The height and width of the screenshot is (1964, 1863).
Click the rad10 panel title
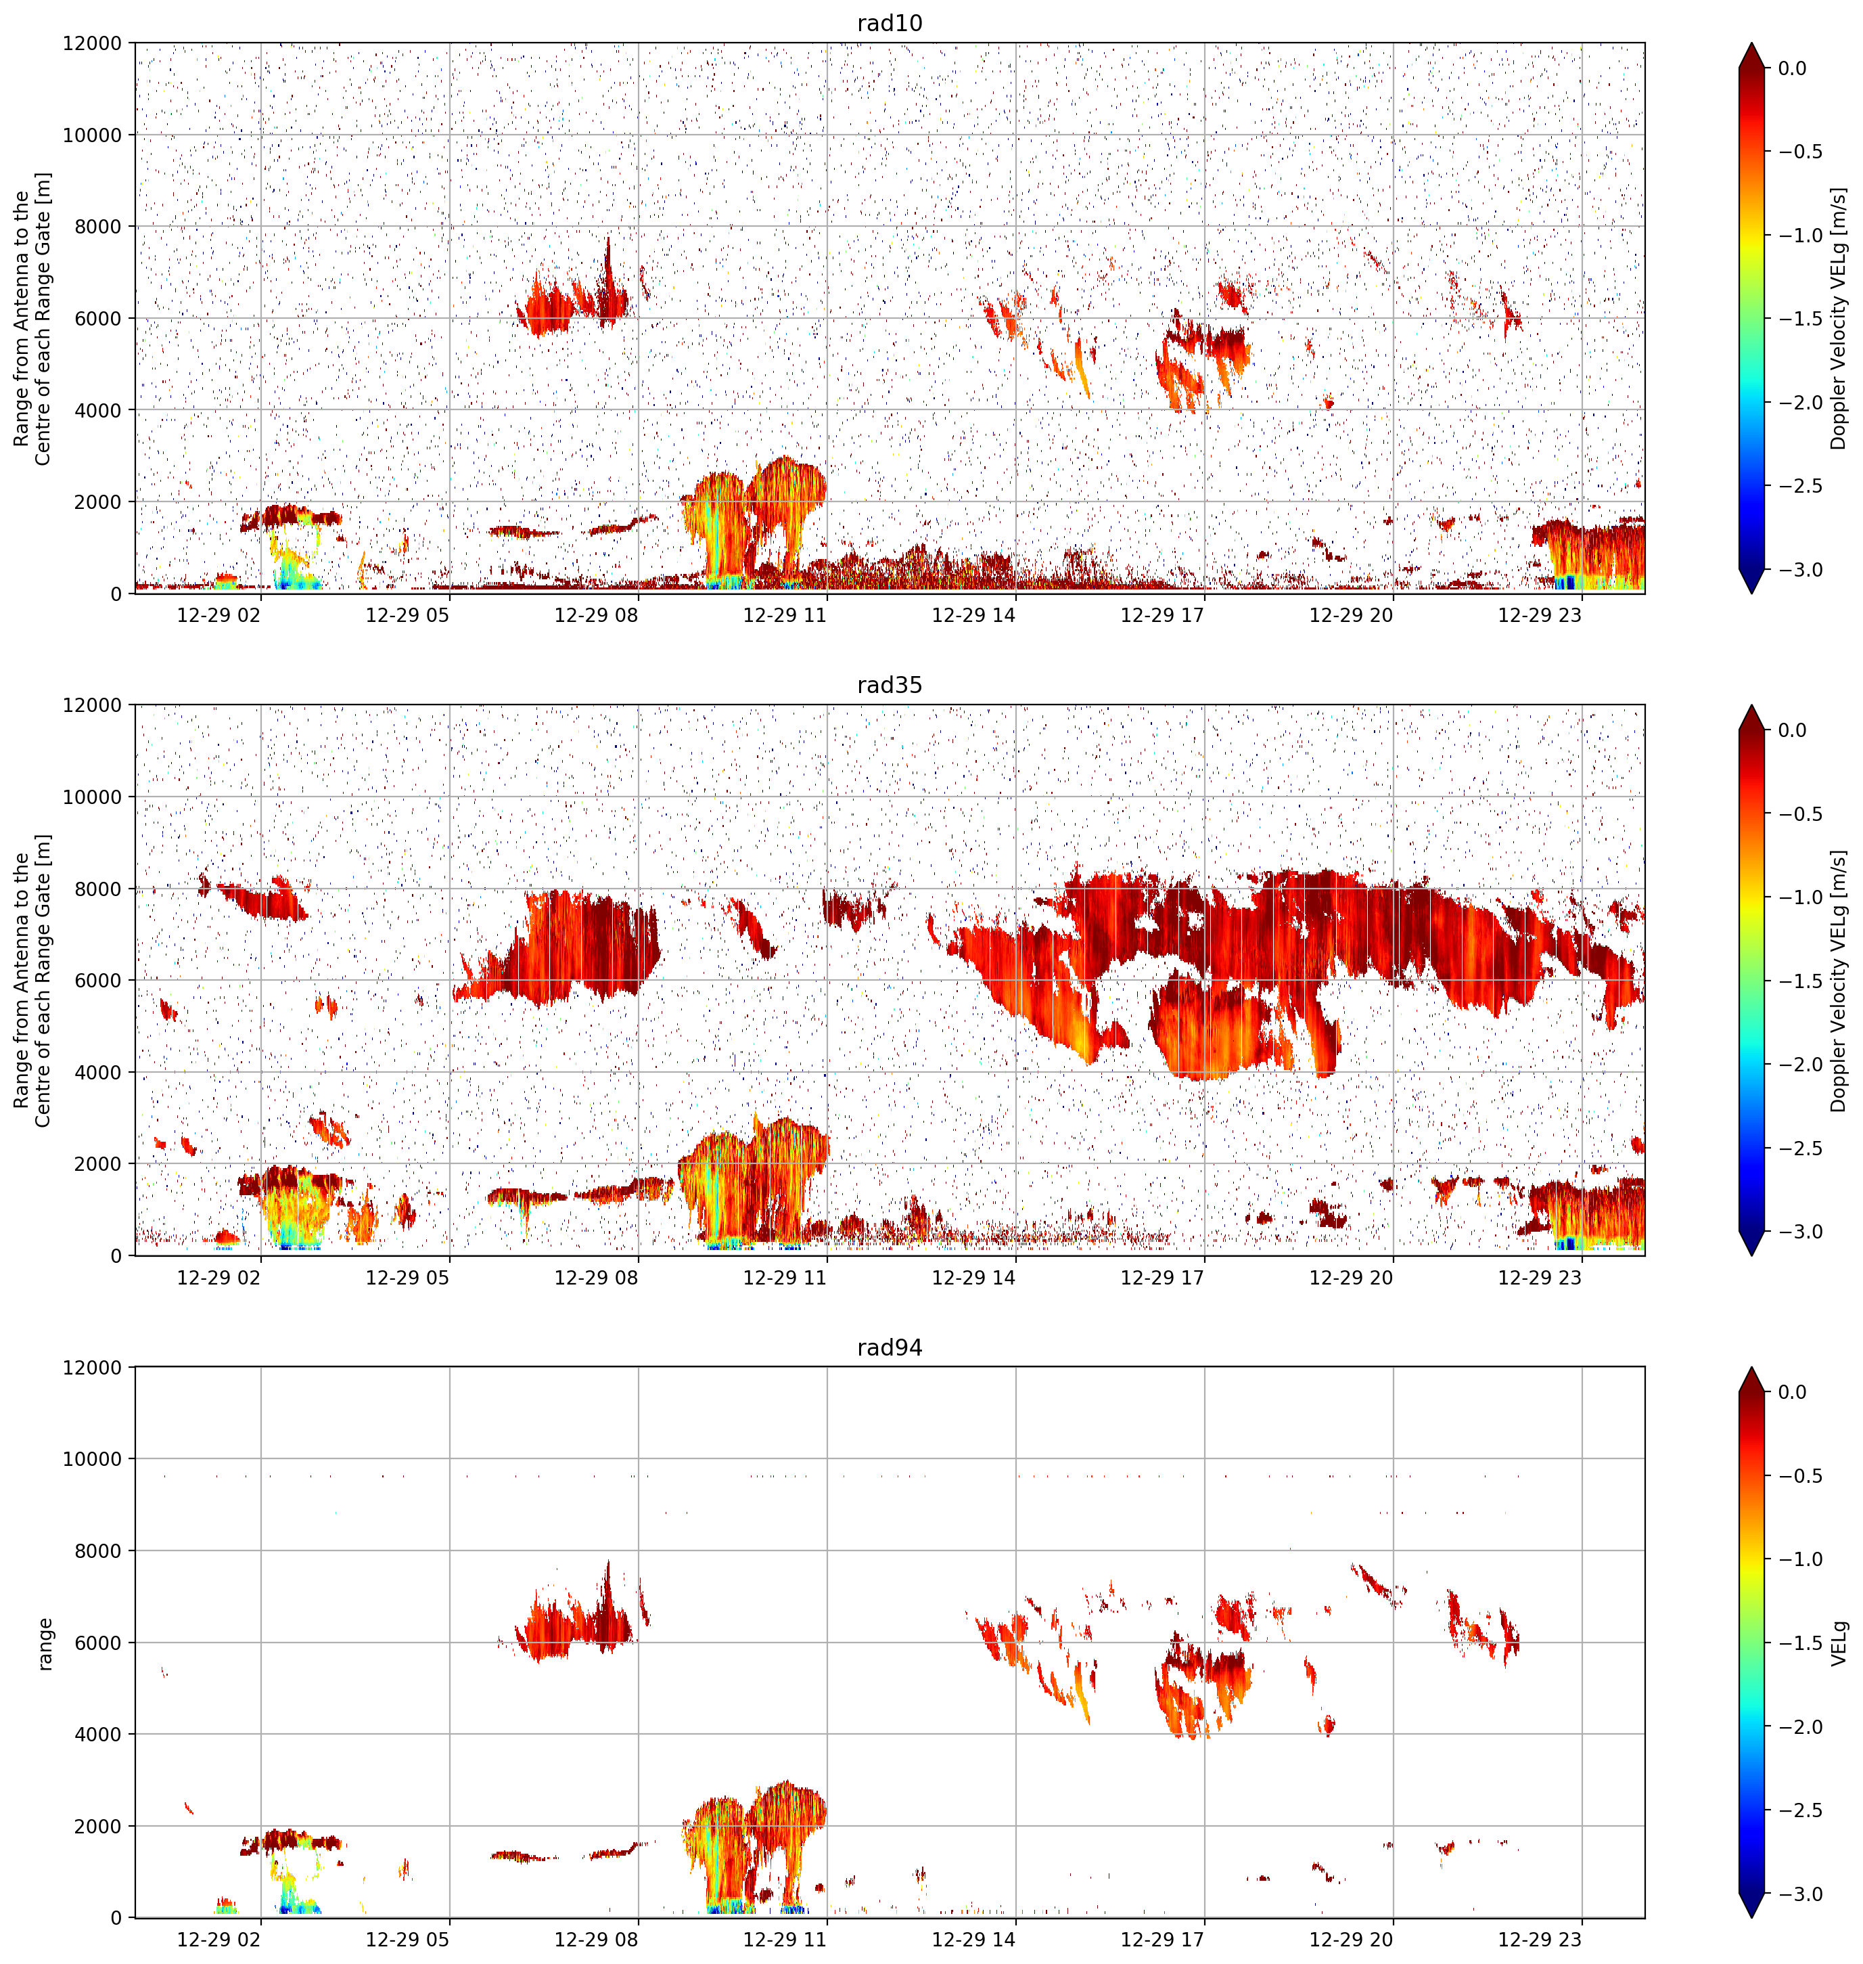click(889, 23)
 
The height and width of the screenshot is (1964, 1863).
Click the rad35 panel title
click(889, 686)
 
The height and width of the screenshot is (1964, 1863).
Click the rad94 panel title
click(889, 1348)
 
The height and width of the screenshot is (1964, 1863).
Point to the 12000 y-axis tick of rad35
click(93, 705)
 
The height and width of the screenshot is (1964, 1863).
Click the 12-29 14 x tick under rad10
click(973, 615)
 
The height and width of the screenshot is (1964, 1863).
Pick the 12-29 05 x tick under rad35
click(407, 1278)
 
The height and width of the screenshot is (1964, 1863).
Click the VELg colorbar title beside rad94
click(1839, 1643)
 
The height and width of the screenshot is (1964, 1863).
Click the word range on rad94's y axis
click(45, 1643)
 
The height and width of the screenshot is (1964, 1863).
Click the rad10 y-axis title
click(32, 318)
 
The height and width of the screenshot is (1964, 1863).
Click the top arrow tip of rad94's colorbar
click(1752, 1368)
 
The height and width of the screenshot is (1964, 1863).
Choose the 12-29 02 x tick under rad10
click(218, 615)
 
